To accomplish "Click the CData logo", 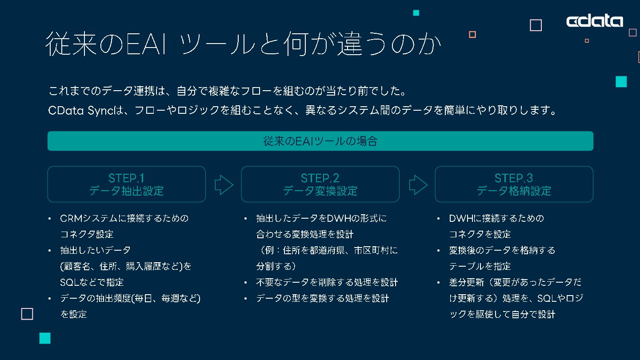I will [x=595, y=21].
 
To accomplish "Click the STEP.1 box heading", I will [x=126, y=184].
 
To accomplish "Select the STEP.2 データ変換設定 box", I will [x=320, y=184].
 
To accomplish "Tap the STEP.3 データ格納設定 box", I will [x=514, y=184].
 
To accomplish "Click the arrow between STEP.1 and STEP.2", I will [x=224, y=184].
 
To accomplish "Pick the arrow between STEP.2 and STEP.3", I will [x=417, y=184].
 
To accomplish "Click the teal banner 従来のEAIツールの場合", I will [x=320, y=141].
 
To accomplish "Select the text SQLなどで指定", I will [x=92, y=282].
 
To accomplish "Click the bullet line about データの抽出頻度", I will [x=130, y=298].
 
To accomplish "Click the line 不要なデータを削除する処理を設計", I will [x=327, y=282].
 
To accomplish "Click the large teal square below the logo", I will [x=621, y=82].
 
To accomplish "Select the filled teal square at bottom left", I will [x=45, y=338].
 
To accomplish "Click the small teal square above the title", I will [x=416, y=13].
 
